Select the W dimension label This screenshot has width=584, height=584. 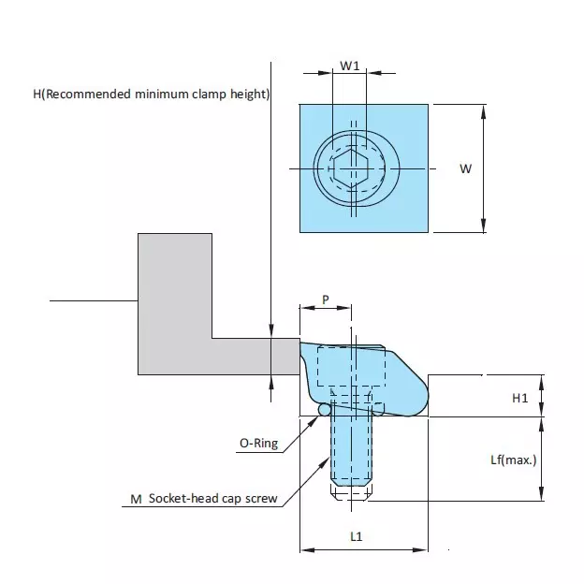coord(464,168)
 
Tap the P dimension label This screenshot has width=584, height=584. coord(325,299)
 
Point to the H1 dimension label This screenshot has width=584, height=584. coord(520,398)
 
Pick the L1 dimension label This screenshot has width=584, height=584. coord(357,536)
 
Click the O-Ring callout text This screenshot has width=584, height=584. coord(259,444)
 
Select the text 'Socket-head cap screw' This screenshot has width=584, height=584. coord(211,499)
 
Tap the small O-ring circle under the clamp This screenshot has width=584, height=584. coord(325,410)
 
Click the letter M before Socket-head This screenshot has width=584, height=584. coord(136,499)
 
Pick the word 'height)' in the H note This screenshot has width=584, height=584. coord(250,95)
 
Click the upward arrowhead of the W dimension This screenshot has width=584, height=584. coord(483,110)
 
